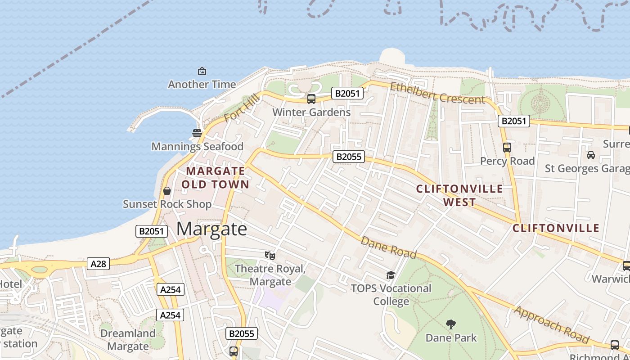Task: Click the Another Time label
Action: point(202,84)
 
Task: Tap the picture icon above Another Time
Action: point(202,71)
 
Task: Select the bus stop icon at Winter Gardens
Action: point(311,99)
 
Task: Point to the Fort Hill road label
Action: point(242,108)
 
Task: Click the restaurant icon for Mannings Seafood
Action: point(197,133)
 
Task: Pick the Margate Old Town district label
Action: point(216,178)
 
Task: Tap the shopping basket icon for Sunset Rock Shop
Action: point(167,191)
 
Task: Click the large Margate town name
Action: point(211,229)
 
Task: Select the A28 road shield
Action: point(99,264)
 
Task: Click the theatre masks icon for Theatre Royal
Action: point(270,256)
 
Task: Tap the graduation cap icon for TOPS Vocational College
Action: point(391,275)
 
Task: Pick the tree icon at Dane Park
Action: point(450,324)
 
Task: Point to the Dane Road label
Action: point(388,247)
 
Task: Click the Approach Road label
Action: point(551,325)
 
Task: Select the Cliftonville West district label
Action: point(459,195)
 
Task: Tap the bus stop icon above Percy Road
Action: point(507,148)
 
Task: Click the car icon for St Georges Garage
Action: point(590,155)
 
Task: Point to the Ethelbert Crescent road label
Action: point(437,93)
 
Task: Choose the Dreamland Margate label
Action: point(128,340)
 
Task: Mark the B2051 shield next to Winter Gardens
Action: point(347,93)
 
